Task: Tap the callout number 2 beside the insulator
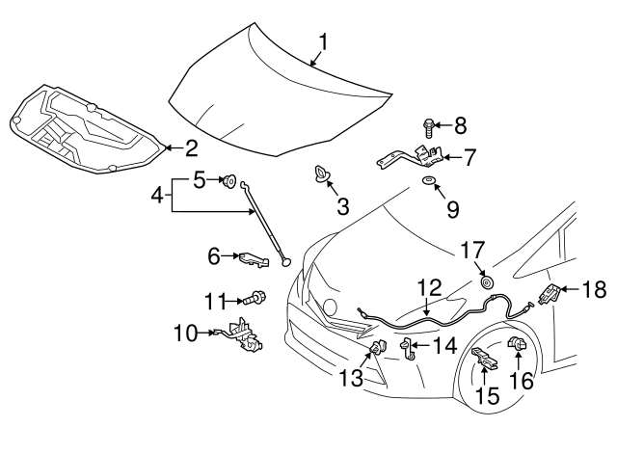[191, 147]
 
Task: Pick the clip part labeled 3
[320, 175]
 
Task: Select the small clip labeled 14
[408, 347]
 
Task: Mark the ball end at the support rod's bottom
[284, 258]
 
